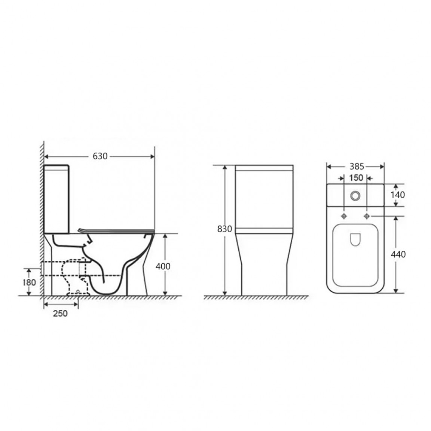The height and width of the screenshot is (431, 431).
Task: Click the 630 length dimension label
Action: click(x=100, y=156)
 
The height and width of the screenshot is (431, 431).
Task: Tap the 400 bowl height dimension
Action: click(x=163, y=266)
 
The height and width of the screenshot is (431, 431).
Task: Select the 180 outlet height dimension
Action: click(x=29, y=282)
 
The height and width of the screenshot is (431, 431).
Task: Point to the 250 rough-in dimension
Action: click(x=60, y=314)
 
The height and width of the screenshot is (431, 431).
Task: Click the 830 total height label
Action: click(x=224, y=229)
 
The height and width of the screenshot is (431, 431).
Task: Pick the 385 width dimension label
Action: click(x=357, y=166)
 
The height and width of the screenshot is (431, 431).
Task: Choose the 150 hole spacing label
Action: click(x=356, y=178)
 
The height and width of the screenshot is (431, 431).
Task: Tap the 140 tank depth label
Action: click(x=398, y=195)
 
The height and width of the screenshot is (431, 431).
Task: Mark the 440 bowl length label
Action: click(x=398, y=254)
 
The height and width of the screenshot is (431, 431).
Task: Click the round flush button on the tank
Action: click(x=355, y=195)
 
